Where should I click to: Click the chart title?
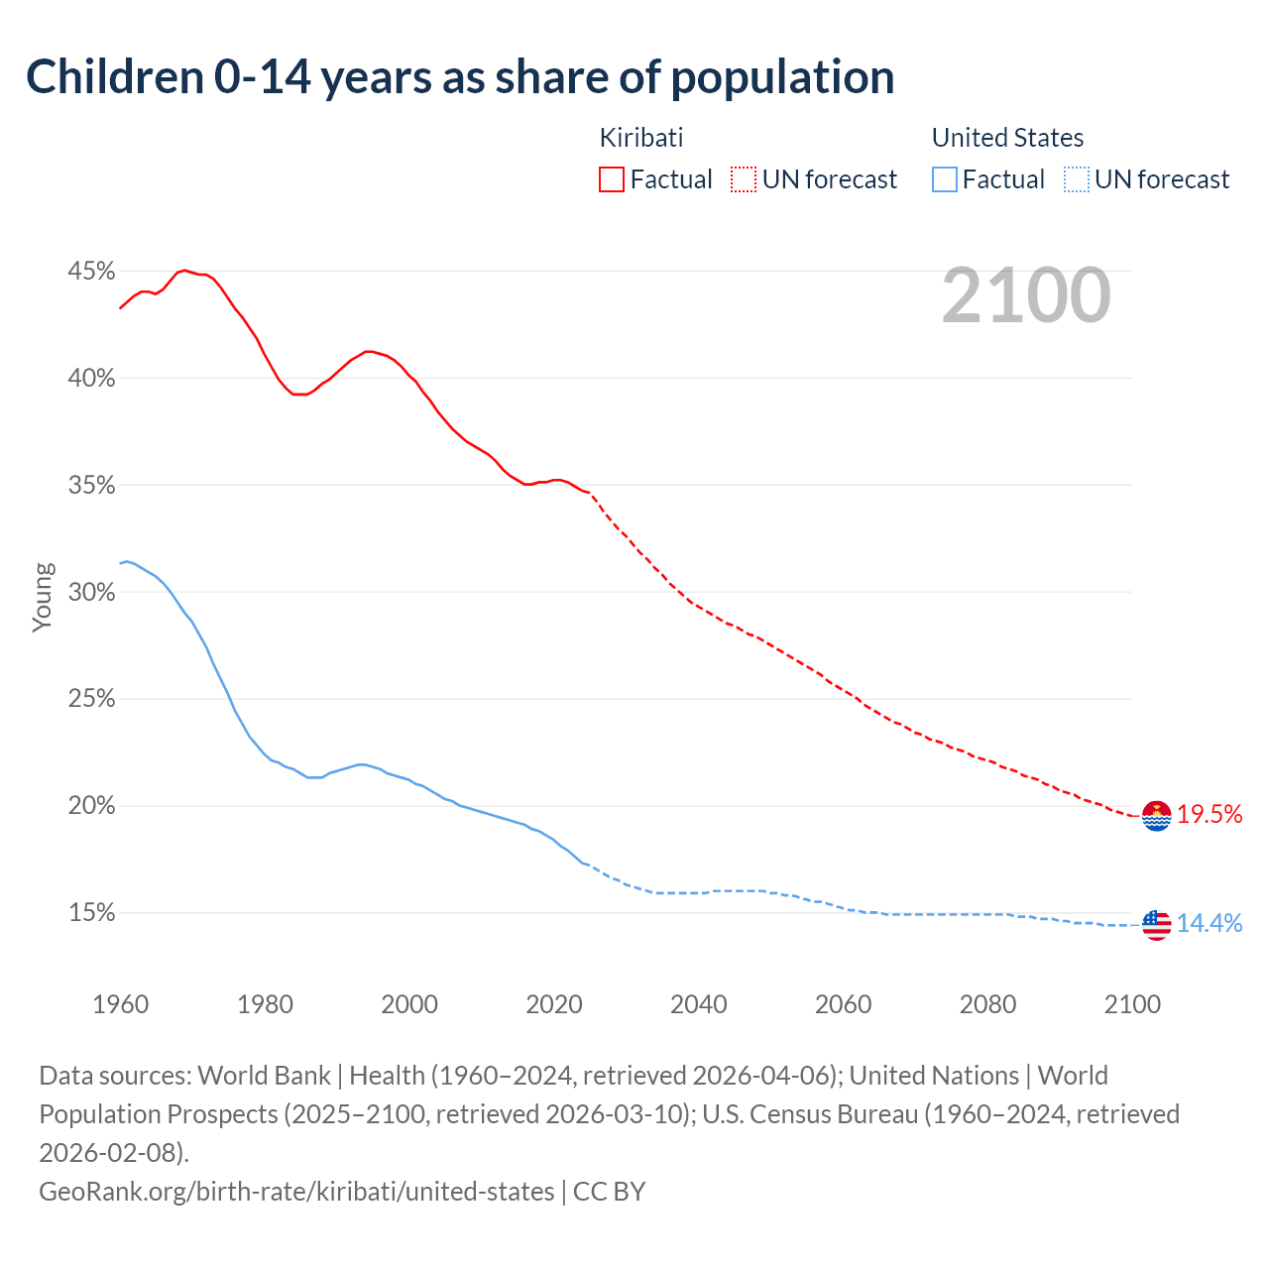460,77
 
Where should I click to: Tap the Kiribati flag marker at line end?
1156,816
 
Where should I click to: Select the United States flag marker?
1156,924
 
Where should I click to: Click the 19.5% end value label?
1210,815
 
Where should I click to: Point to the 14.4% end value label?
1210,923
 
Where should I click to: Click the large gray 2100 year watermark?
1026,295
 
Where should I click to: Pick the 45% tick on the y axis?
91,272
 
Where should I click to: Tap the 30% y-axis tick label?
91,593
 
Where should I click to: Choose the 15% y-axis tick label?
91,913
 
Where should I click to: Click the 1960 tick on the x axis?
120,1004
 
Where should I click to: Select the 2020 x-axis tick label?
554,1004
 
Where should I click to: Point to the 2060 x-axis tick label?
843,1004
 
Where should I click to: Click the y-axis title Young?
43,597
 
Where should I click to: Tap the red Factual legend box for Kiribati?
612,179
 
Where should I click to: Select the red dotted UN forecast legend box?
744,179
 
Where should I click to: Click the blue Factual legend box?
945,179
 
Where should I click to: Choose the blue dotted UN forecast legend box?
1077,179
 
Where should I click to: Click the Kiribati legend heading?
641,138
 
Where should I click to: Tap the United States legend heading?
1007,138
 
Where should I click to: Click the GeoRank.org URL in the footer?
296,1192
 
